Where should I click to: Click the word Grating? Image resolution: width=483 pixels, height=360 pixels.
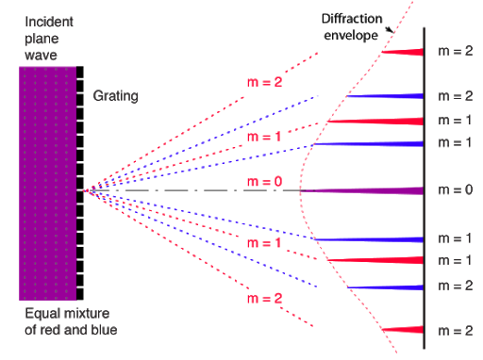point(115,96)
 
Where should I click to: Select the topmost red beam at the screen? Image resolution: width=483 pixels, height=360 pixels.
point(401,51)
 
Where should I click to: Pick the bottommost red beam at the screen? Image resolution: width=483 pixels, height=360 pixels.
point(401,329)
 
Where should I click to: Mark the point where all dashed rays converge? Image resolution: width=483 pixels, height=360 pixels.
point(83,191)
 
